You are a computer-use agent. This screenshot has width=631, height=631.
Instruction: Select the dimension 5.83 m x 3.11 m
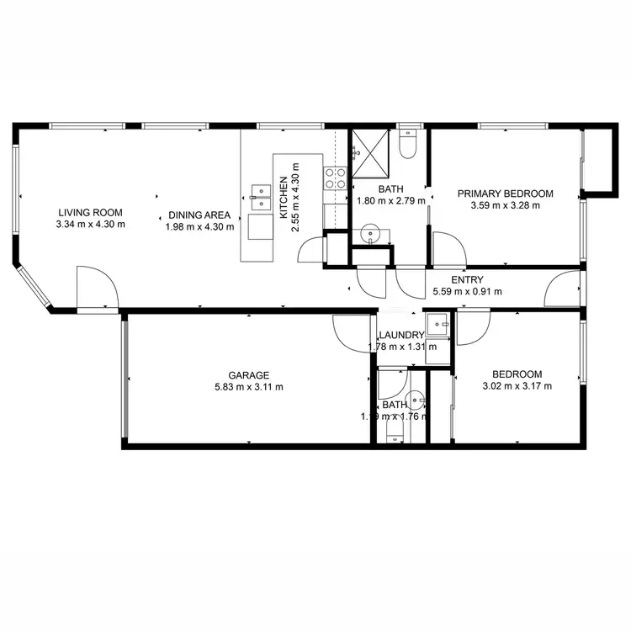pyautogui.click(x=248, y=387)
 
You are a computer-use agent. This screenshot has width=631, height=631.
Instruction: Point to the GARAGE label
pyautogui.click(x=248, y=375)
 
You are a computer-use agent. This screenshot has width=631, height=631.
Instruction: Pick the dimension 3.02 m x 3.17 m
pyautogui.click(x=517, y=387)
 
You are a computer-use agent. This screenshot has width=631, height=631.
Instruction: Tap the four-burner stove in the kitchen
pyautogui.click(x=337, y=178)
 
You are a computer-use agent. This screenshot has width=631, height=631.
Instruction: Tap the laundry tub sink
pyautogui.click(x=437, y=321)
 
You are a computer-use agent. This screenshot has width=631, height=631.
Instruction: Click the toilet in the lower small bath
pyautogui.click(x=393, y=433)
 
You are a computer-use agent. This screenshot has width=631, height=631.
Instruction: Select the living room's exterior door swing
pyautogui.click(x=96, y=288)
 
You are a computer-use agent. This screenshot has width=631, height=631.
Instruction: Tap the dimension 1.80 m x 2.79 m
pyautogui.click(x=391, y=202)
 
